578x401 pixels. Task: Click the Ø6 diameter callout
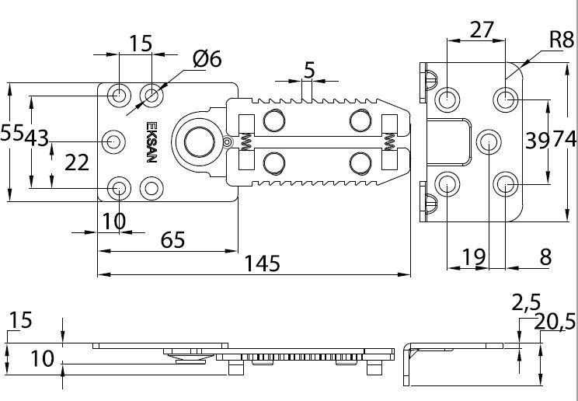pyautogui.click(x=207, y=59)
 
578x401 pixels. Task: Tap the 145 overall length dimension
pyautogui.click(x=262, y=263)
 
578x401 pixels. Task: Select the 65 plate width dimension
pyautogui.click(x=172, y=240)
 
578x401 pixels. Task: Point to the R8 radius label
pyautogui.click(x=562, y=40)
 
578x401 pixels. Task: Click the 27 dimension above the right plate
pyautogui.click(x=482, y=30)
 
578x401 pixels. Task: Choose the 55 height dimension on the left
pyautogui.click(x=12, y=132)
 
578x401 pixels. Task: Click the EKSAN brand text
pyautogui.click(x=151, y=142)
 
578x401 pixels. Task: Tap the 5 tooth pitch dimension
pyautogui.click(x=309, y=70)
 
